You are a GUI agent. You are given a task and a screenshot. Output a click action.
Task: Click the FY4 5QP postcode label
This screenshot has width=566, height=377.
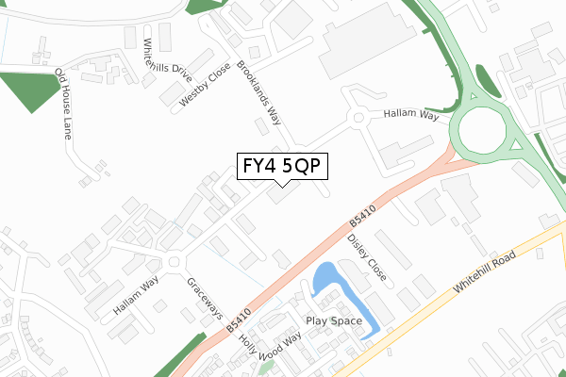(281, 166)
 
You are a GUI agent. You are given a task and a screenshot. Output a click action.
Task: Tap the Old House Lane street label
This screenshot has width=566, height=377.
(63, 104)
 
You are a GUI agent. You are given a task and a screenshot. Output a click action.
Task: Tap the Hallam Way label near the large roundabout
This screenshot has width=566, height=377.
(410, 114)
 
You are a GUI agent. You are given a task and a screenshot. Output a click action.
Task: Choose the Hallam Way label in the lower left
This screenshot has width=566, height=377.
(136, 297)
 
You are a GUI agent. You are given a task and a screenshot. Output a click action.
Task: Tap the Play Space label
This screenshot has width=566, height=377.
(332, 321)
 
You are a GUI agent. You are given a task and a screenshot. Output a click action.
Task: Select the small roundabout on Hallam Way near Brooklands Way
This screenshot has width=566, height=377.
(358, 118)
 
